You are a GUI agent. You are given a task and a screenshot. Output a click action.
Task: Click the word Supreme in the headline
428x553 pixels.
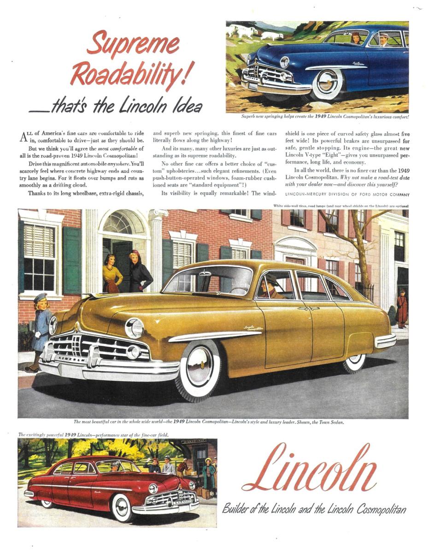pos(133,44)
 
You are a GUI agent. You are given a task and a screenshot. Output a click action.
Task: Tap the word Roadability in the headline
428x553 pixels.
pos(129,74)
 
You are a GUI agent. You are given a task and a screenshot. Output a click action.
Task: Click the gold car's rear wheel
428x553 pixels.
pos(354,361)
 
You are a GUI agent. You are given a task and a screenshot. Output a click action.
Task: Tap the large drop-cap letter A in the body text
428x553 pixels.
pos(25,137)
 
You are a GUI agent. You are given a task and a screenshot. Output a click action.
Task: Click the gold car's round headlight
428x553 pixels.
pos(135,328)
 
